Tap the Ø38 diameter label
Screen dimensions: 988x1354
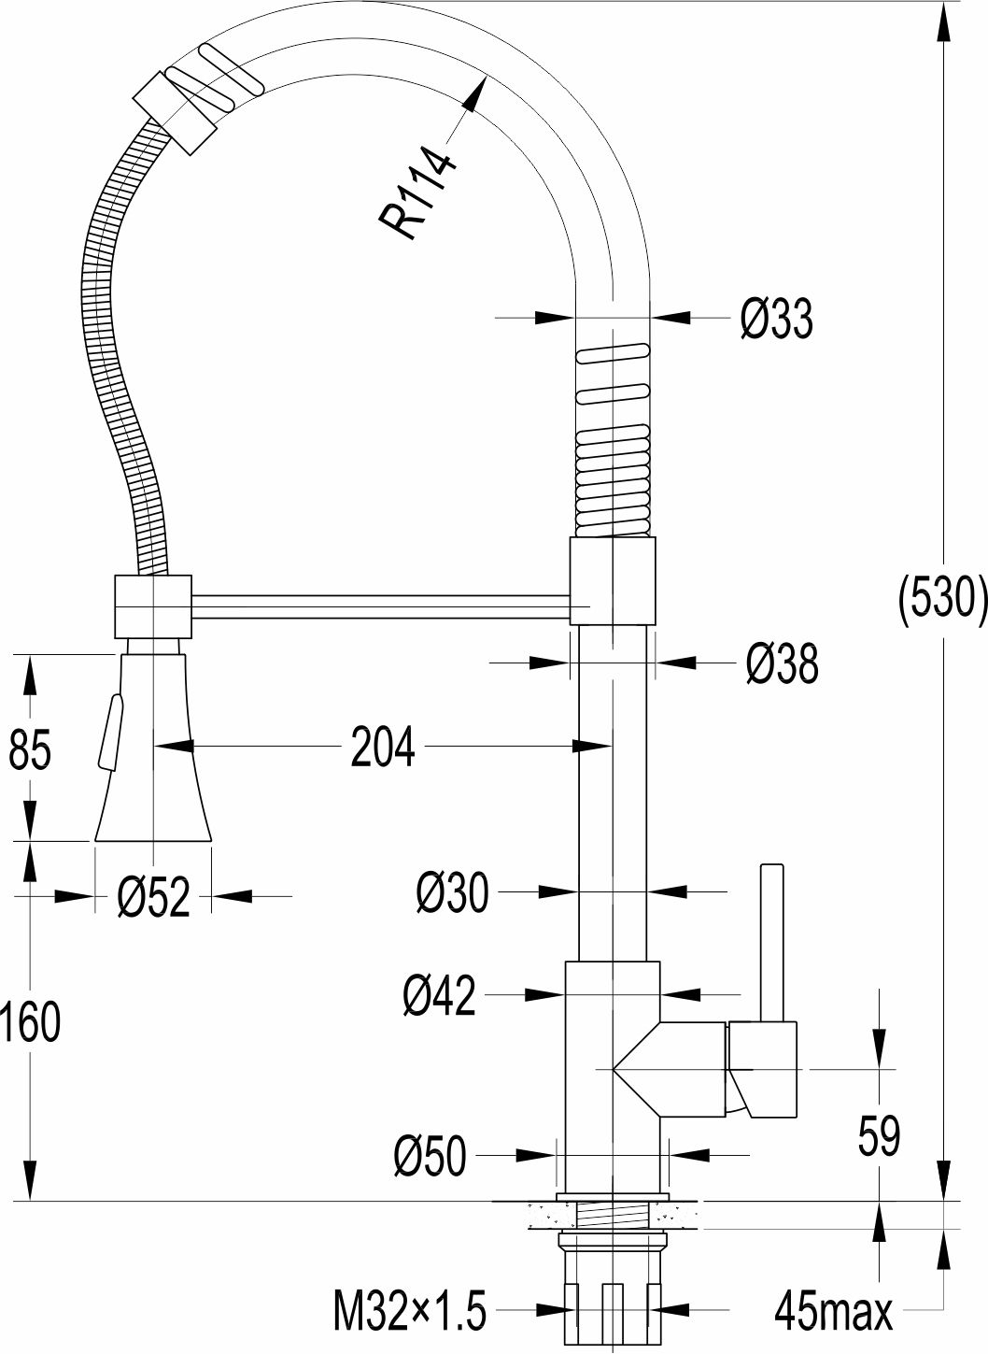pos(782,663)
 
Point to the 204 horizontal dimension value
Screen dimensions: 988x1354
pos(383,748)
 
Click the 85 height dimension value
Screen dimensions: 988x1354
pos(30,748)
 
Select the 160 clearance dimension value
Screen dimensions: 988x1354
pos(30,1020)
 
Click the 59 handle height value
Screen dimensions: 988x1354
pos(879,1136)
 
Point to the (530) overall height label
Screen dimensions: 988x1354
pos(942,602)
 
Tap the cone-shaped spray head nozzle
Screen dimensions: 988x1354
pos(153,748)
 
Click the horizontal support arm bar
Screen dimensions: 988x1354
pos(381,606)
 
